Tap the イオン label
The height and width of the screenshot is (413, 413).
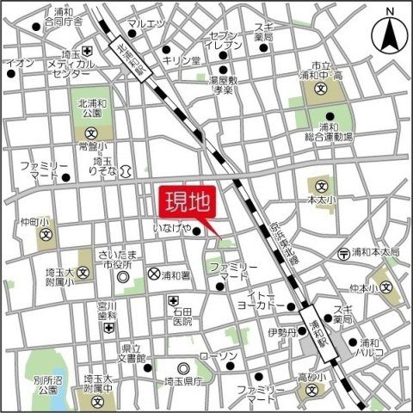tap(19, 64)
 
